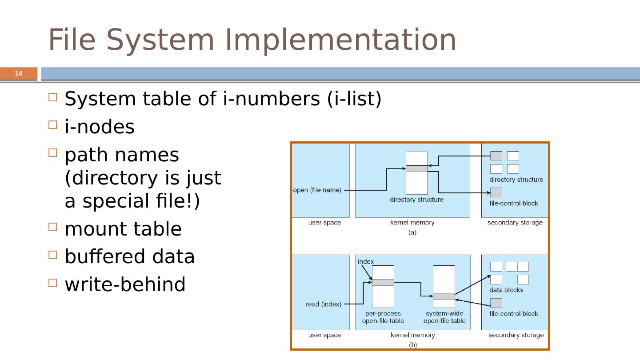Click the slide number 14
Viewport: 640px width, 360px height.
(18, 73)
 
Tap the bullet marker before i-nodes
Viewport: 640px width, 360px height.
(52, 125)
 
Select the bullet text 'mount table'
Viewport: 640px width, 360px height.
(123, 229)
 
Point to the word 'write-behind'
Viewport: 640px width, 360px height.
(125, 285)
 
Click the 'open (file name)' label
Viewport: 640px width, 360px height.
(317, 190)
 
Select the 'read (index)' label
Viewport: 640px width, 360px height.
(324, 304)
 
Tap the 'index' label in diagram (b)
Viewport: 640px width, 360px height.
(366, 261)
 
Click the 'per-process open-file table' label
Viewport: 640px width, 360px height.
(383, 317)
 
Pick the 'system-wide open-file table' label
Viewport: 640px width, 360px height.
(444, 317)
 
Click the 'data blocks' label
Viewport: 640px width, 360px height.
(506, 290)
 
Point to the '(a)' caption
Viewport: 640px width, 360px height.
(412, 232)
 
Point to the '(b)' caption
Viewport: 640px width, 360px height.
(413, 344)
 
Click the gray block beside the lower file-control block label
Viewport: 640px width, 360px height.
(496, 303)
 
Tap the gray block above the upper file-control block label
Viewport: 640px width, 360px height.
(496, 192)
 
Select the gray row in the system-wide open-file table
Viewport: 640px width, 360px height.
(444, 296)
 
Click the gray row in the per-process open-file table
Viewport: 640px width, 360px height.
(383, 282)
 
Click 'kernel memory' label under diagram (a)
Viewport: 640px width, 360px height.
(412, 222)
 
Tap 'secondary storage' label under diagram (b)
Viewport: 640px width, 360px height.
(516, 335)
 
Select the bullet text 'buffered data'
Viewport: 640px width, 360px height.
(130, 257)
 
